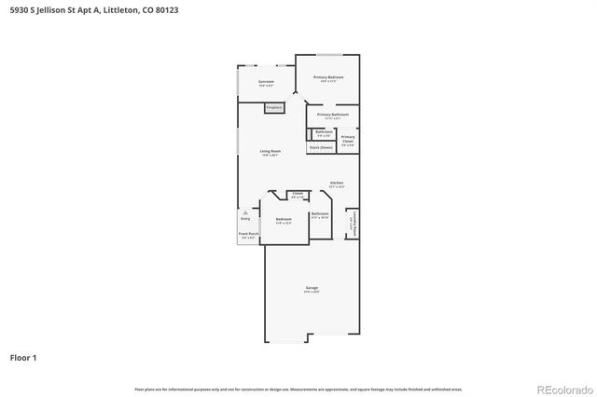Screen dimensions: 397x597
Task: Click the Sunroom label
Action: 266,82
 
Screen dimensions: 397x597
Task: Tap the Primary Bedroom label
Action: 328,76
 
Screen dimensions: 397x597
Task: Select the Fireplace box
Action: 273,108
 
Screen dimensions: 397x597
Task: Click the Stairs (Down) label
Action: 321,147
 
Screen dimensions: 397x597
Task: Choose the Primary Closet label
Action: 348,139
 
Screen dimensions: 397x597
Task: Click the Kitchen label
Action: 337,183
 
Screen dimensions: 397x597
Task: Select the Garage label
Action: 312,288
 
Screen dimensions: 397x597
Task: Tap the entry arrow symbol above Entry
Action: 245,212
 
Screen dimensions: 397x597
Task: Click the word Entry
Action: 245,219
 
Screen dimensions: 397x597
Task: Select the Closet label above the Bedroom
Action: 297,195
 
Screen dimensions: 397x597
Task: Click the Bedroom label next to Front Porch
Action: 283,219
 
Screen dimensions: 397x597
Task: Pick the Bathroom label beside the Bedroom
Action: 319,214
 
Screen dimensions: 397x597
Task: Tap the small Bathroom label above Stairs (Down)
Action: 324,132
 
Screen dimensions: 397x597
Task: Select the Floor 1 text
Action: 23,357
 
